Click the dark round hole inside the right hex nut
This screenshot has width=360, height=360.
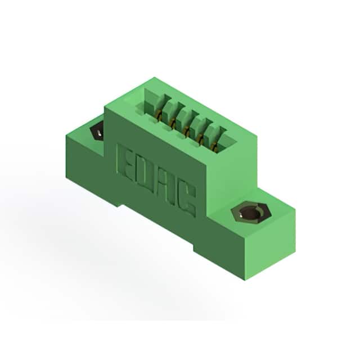(251, 213)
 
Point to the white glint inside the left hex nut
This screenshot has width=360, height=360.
(99, 133)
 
